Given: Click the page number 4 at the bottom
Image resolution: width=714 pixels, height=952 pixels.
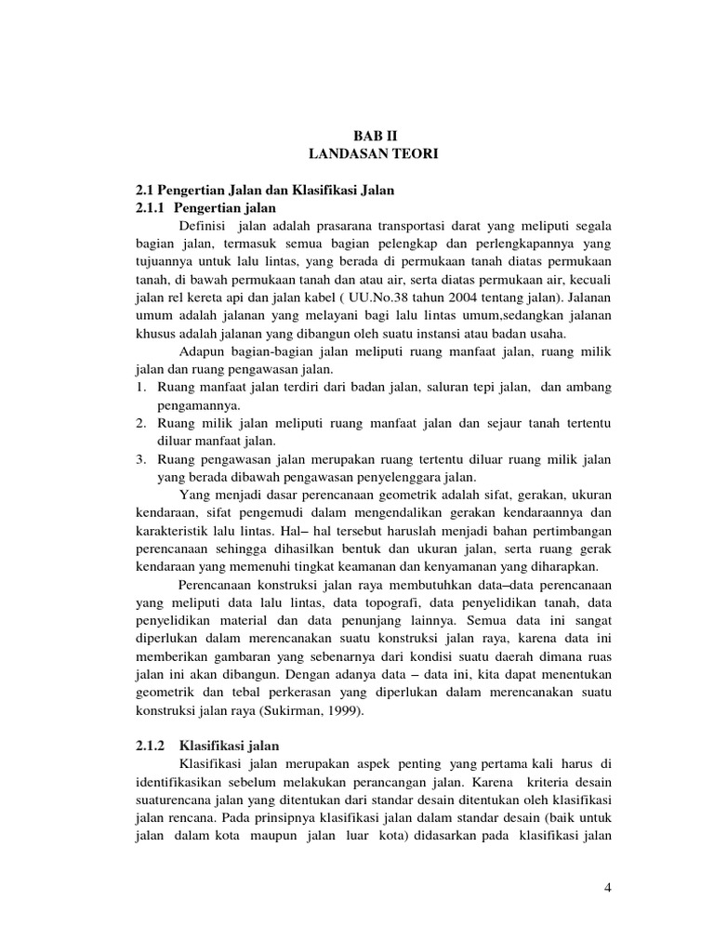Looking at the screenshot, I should (607, 888).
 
